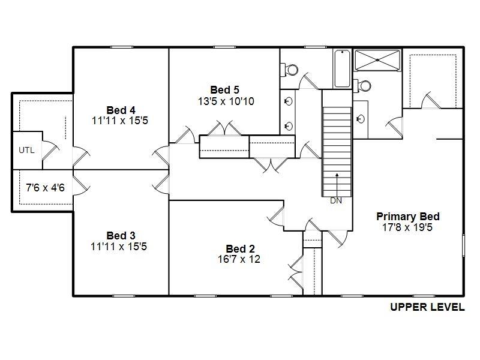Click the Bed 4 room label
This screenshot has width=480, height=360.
[x=121, y=110]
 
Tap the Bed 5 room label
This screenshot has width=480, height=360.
[x=224, y=90]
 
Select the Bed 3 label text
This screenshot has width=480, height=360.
[x=121, y=236]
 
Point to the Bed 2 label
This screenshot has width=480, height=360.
[x=240, y=248]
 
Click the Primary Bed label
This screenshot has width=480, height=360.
[x=408, y=217]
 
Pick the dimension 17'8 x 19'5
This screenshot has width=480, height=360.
[x=407, y=227]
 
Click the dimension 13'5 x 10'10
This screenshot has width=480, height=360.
[x=226, y=101]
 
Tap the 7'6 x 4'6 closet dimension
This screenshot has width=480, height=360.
[x=46, y=188]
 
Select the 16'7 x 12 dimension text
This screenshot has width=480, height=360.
[x=239, y=259]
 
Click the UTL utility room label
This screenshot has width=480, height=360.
[x=26, y=151]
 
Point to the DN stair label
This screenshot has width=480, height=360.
[x=336, y=201]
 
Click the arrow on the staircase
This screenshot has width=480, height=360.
[x=337, y=185]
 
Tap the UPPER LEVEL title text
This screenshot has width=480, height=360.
[x=427, y=307]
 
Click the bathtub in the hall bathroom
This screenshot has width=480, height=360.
[x=342, y=68]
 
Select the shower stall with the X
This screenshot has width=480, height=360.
[x=377, y=61]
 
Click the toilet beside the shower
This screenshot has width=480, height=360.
[x=362, y=86]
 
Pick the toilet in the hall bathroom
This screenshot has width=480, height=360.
[x=289, y=70]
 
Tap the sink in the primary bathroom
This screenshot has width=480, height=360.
[x=361, y=118]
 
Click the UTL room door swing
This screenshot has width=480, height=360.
[x=50, y=151]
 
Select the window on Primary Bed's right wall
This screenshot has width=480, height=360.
[x=463, y=245]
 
